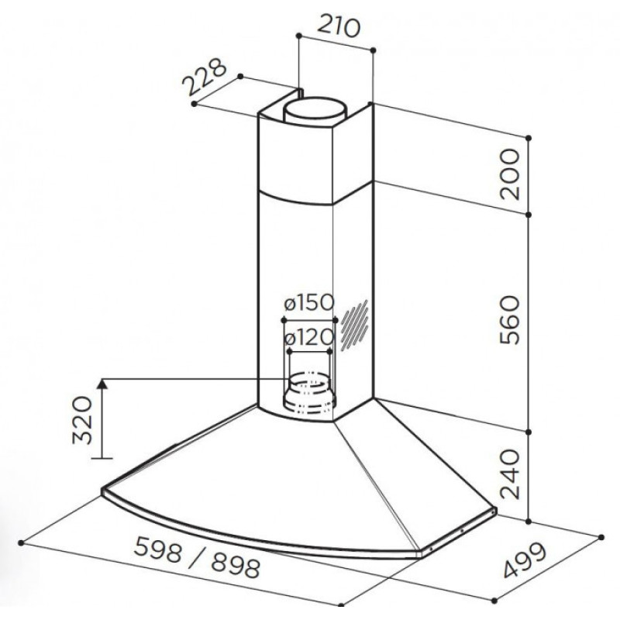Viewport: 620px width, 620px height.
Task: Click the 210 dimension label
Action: pos(339,26)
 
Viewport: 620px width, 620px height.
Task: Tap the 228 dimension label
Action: pos(205,77)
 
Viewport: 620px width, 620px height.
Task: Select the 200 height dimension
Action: pos(509,174)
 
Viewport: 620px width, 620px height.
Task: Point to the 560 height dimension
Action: pos(509,320)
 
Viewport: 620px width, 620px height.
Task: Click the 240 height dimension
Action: pos(509,474)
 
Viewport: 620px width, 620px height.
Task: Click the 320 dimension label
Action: pos(83,420)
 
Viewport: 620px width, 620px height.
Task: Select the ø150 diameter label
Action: pos(309,303)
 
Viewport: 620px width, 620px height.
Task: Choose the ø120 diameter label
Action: pos(309,337)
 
